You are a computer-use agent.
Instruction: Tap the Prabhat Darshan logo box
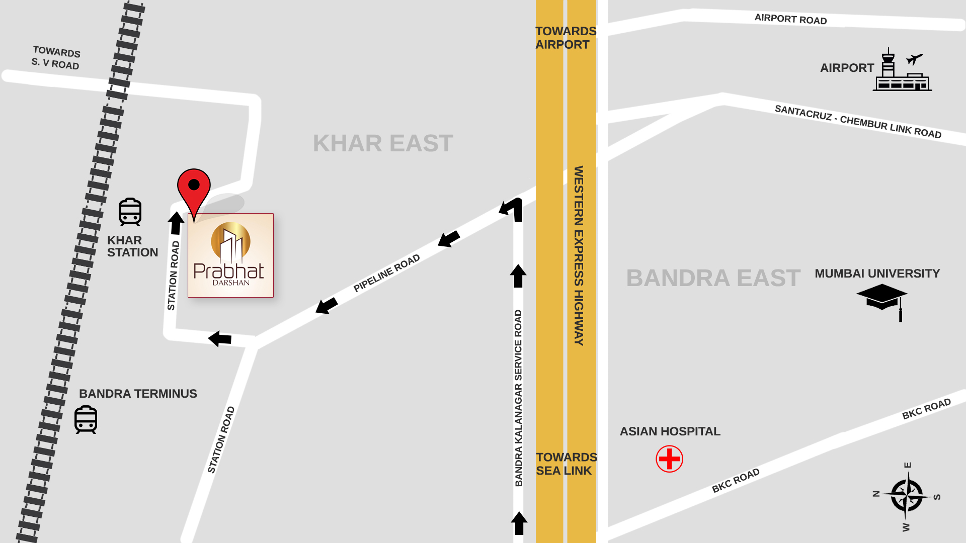pyautogui.click(x=230, y=255)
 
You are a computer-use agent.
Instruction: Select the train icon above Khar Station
pyautogui.click(x=130, y=212)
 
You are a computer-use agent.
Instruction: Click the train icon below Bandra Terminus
pyautogui.click(x=86, y=419)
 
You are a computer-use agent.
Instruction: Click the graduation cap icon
pyautogui.click(x=882, y=299)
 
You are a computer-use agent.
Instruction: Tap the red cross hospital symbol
pyautogui.click(x=669, y=459)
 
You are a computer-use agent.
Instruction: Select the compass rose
pyautogui.click(x=907, y=496)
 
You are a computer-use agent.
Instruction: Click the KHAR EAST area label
pyautogui.click(x=383, y=143)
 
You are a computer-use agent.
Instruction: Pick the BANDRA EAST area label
pyautogui.click(x=713, y=278)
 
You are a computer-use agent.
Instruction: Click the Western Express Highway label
pyautogui.click(x=579, y=255)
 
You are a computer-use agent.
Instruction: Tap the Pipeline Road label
pyautogui.click(x=386, y=273)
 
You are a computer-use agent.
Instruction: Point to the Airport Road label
pyautogui.click(x=790, y=19)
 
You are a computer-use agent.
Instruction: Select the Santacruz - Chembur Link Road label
pyautogui.click(x=858, y=122)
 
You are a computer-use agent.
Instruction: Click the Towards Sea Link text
pyautogui.click(x=566, y=464)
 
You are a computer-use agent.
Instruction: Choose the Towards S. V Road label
pyautogui.click(x=56, y=58)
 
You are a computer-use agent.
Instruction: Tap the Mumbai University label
pyautogui.click(x=877, y=274)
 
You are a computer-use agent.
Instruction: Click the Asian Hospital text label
pyautogui.click(x=670, y=431)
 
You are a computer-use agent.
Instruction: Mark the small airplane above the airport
pyautogui.click(x=914, y=59)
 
